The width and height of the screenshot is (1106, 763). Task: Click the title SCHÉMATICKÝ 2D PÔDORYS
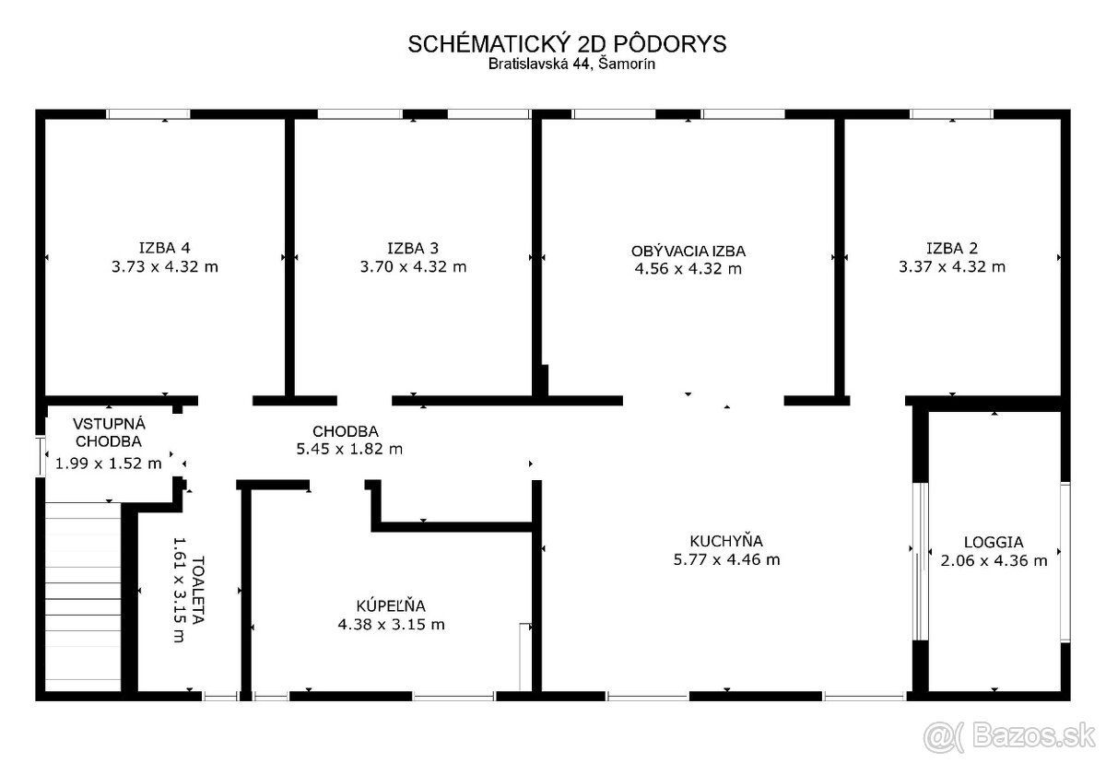[567, 44]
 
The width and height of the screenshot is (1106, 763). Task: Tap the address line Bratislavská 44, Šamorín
[571, 65]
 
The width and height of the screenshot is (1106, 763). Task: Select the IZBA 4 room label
[164, 247]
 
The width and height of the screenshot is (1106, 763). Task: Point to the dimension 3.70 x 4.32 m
[413, 266]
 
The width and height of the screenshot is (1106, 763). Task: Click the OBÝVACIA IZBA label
[688, 251]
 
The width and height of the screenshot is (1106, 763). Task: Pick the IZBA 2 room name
[951, 248]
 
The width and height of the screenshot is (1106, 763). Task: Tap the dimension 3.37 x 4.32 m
[951, 266]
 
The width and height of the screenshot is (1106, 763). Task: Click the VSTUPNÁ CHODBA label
[109, 432]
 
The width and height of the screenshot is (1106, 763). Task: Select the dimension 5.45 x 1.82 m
[349, 449]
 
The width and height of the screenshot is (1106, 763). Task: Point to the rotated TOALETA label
[197, 591]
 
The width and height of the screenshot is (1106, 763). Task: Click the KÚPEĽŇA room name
[391, 605]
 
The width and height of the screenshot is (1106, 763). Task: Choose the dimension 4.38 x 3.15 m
[391, 625]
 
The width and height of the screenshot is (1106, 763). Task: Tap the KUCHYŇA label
[726, 541]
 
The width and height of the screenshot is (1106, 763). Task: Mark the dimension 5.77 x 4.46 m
[726, 559]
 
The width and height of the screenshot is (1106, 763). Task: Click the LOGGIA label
[994, 542]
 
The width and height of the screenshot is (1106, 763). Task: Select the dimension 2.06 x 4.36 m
[994, 560]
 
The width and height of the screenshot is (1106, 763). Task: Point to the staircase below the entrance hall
[83, 597]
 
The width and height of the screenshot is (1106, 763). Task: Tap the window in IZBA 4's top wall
[148, 114]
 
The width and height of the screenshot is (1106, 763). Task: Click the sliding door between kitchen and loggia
[920, 561]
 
